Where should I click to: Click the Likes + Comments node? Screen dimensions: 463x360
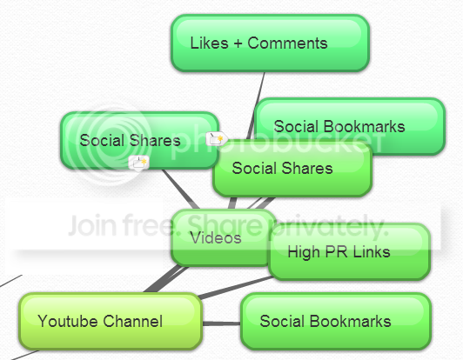270,43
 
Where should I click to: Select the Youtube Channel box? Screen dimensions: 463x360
111,321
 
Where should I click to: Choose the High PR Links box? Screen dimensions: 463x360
349,251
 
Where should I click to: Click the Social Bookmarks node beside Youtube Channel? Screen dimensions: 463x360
336,321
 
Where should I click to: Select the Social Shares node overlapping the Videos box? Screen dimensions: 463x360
292,168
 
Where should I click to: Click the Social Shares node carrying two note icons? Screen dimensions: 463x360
138,141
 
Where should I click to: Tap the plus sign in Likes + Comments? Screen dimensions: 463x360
238,43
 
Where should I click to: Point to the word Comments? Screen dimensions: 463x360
287,43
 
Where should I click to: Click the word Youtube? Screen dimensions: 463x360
68,321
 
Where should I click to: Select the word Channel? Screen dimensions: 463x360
132,321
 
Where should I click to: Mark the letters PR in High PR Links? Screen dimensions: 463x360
336,252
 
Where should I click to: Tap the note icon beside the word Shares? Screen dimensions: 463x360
217,138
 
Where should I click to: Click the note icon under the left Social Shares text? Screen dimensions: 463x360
138,163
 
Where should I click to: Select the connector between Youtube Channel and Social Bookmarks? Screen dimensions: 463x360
221,323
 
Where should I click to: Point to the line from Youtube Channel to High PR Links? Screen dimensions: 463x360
235,288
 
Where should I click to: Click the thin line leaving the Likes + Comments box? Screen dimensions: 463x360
256,106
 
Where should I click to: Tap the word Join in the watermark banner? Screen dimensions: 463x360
92,225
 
